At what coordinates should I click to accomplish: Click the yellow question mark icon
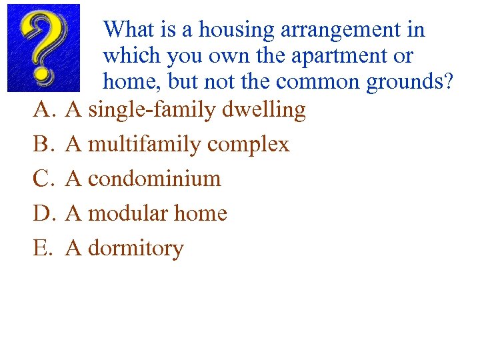click(x=43, y=48)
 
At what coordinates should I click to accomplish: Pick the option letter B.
click(x=41, y=145)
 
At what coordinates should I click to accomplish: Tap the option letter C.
click(x=41, y=179)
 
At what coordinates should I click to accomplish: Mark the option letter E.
click(x=41, y=249)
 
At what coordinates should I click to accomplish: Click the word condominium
click(x=154, y=179)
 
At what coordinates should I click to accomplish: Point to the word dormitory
click(x=135, y=249)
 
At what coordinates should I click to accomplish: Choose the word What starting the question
click(x=129, y=29)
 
